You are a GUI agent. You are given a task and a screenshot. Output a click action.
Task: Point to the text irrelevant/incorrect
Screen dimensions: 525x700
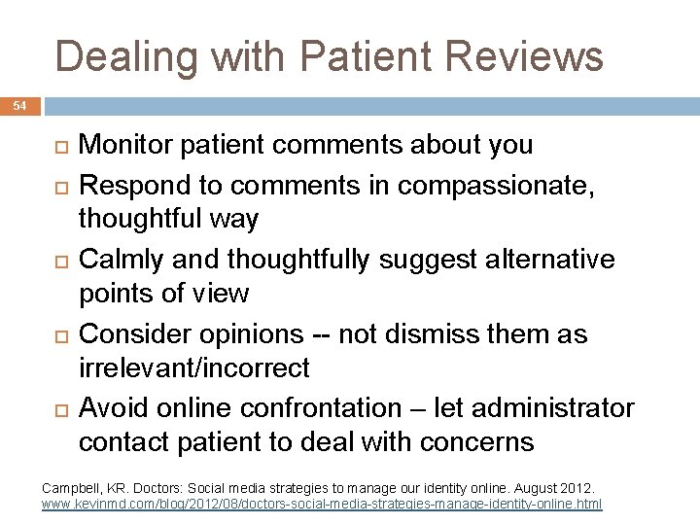pos(194,368)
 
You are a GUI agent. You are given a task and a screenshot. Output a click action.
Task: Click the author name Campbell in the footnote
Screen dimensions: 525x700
pos(71,485)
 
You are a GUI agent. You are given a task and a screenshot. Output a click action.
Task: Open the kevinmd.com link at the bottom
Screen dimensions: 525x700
pos(322,505)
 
